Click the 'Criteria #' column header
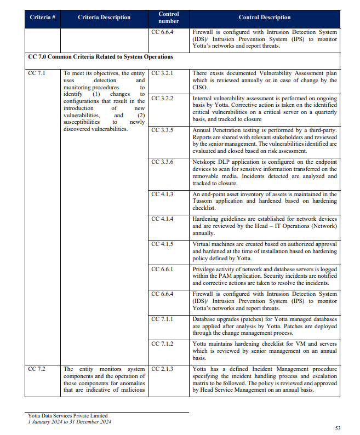[43, 18]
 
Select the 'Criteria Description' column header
[104, 18]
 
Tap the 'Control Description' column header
[265, 18]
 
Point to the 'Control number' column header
[168, 18]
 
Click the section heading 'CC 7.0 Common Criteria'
[100, 57]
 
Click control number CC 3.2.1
[162, 73]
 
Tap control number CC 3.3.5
[162, 130]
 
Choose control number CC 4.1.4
[162, 219]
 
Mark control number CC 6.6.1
[162, 269]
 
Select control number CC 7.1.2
[162, 344]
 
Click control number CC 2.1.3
[162, 369]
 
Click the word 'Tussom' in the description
[204, 201]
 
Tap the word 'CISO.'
[201, 87]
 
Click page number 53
[338, 428]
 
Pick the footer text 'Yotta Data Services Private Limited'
[68, 415]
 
